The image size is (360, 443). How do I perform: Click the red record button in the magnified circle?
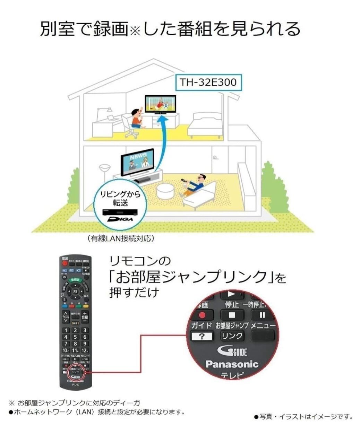pyautogui.click(x=202, y=315)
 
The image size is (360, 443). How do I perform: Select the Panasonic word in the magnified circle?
pyautogui.click(x=232, y=364)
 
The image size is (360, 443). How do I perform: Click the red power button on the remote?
pyautogui.click(x=65, y=263)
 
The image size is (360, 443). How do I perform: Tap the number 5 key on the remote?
pyautogui.click(x=75, y=337)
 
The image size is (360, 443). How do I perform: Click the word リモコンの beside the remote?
pyautogui.click(x=140, y=261)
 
